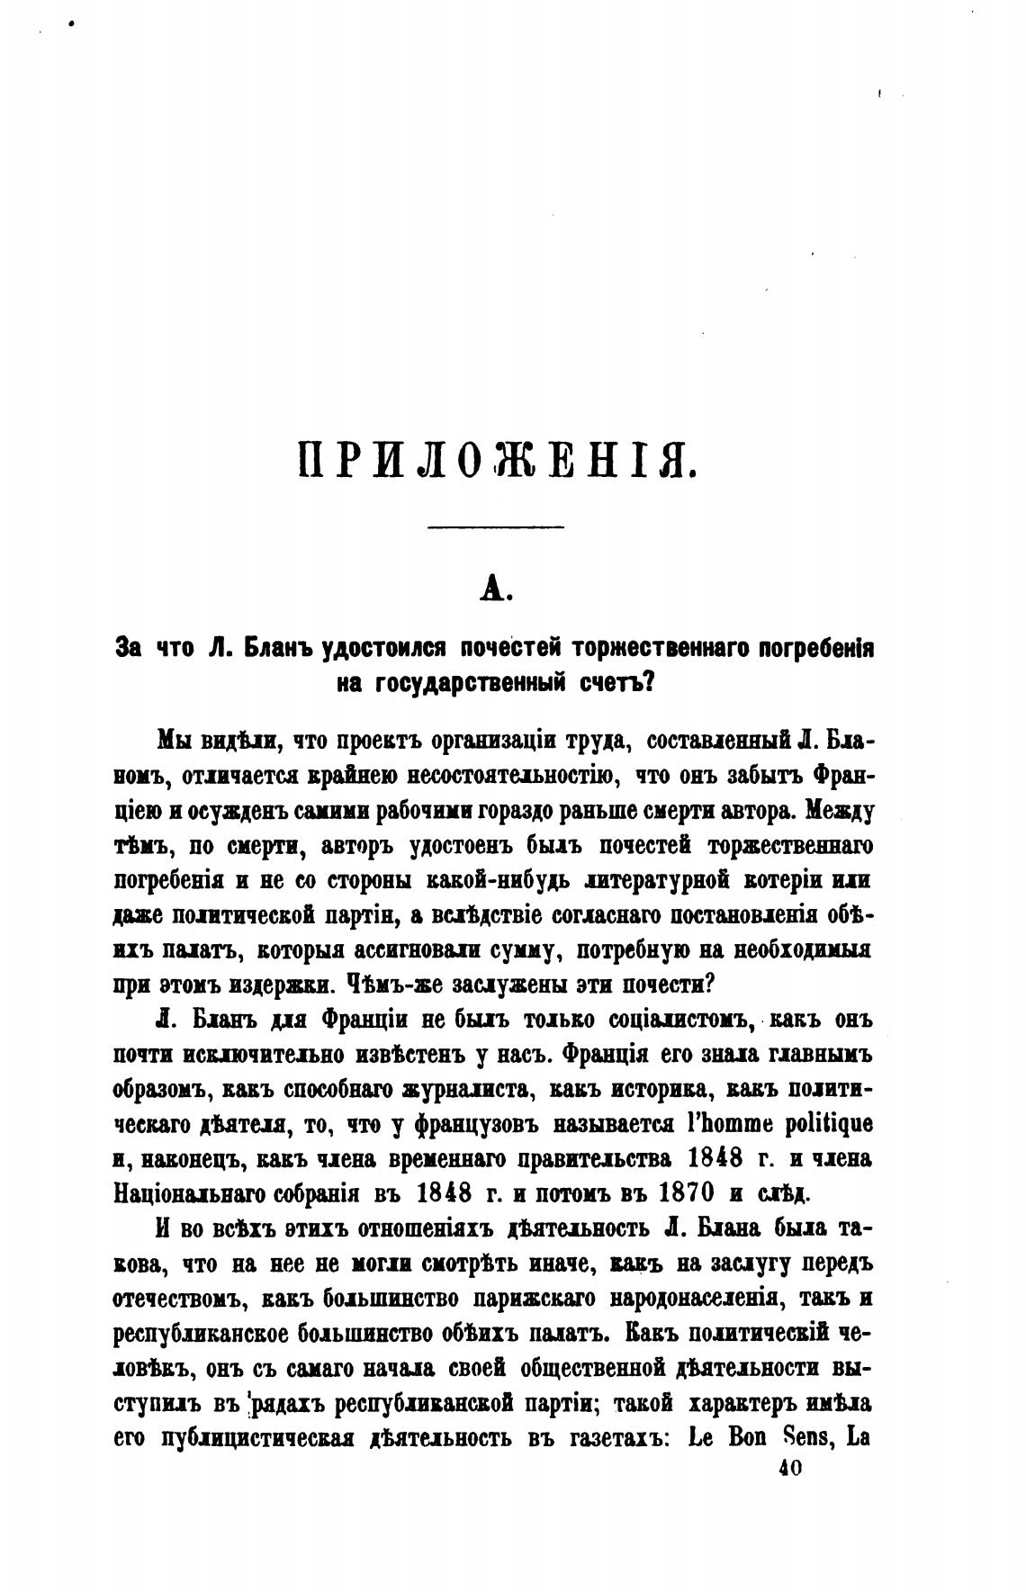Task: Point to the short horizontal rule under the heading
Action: tap(495, 527)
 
